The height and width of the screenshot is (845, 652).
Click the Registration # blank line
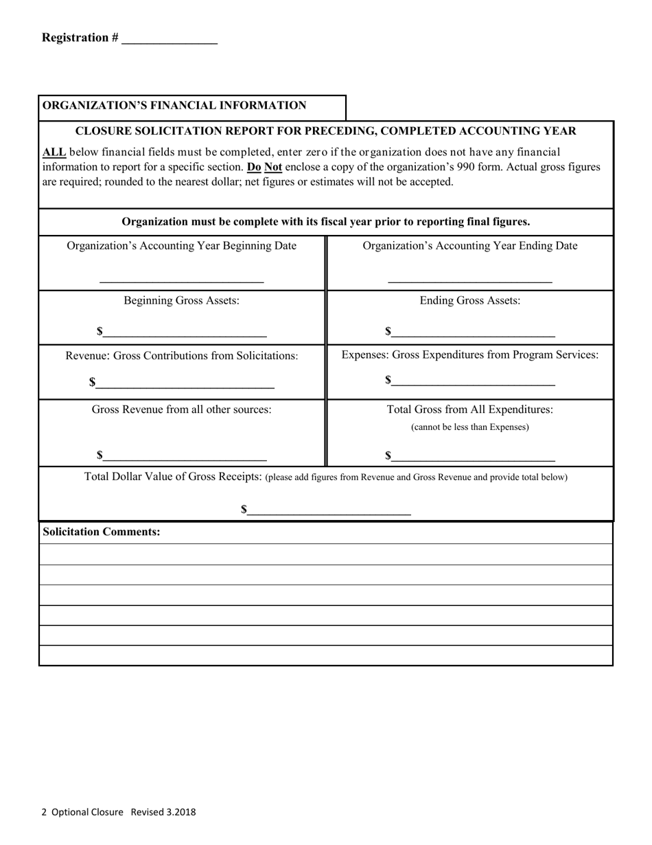169,40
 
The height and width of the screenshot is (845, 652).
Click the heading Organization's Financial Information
174,106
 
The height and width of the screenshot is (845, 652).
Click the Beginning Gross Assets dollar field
185,333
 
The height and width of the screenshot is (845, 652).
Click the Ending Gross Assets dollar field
473,333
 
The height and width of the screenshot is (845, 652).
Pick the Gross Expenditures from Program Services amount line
473,381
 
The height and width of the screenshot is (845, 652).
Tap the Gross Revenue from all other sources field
185,456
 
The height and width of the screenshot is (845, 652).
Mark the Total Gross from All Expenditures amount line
473,456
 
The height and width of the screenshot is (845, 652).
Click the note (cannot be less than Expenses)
470,427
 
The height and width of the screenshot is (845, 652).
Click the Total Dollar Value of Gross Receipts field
329,510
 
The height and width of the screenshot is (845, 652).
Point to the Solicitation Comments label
102,532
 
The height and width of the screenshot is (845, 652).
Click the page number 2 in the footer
44,812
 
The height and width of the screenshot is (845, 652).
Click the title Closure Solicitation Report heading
325,131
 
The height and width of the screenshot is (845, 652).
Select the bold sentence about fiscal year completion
325,222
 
